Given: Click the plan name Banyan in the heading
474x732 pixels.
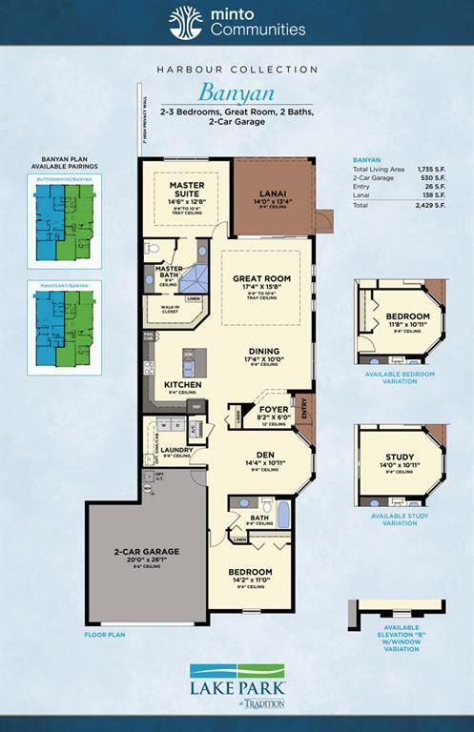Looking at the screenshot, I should coord(236,93).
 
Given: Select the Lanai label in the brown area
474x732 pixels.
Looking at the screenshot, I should coord(273,191).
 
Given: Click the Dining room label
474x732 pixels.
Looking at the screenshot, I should coord(264,351).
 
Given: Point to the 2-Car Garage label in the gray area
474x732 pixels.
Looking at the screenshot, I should coord(147,551).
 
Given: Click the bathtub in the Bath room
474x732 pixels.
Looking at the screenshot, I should coord(283,514).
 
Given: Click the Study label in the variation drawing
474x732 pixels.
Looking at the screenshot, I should coord(400,457).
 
